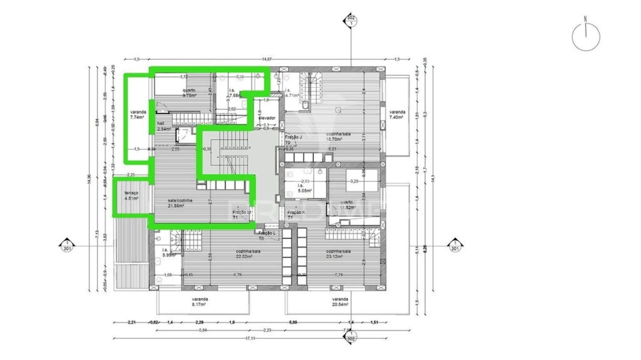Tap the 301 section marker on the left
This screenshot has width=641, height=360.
66,245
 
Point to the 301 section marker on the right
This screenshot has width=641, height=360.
454,245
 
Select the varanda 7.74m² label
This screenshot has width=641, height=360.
137,114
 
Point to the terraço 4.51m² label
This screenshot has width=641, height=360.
131,195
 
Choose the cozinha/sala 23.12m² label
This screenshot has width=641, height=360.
338,254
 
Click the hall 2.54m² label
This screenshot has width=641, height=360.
164,126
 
